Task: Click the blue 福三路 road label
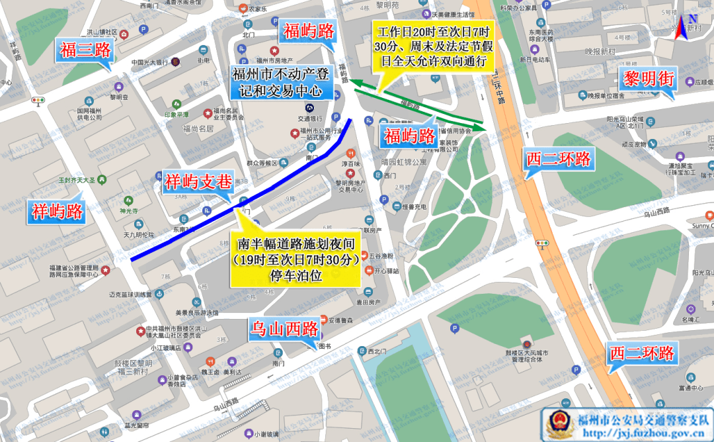(x=84, y=50)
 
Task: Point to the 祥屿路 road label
(x=58, y=211)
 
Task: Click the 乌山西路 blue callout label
(x=284, y=328)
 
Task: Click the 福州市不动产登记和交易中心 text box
(x=281, y=83)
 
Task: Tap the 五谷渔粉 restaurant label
(x=382, y=255)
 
